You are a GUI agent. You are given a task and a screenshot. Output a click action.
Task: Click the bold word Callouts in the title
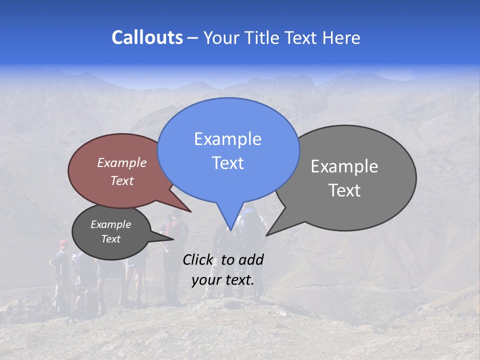(147, 37)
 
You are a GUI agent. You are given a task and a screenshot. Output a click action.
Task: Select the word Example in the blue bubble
(227, 139)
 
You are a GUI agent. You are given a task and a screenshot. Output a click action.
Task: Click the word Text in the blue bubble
(227, 163)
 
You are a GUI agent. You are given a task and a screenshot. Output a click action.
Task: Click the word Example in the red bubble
(122, 162)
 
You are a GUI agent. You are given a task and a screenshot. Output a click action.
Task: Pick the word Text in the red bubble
(122, 180)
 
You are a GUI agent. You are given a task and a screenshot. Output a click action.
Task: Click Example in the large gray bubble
(344, 166)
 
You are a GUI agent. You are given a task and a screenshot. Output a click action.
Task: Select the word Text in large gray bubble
(344, 190)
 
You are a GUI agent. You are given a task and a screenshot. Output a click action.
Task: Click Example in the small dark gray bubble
(110, 224)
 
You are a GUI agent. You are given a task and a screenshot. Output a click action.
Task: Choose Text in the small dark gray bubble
(110, 239)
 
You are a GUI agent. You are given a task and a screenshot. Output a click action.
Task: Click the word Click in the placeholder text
(198, 259)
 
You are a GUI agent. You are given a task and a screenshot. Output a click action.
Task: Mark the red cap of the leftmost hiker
(63, 244)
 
